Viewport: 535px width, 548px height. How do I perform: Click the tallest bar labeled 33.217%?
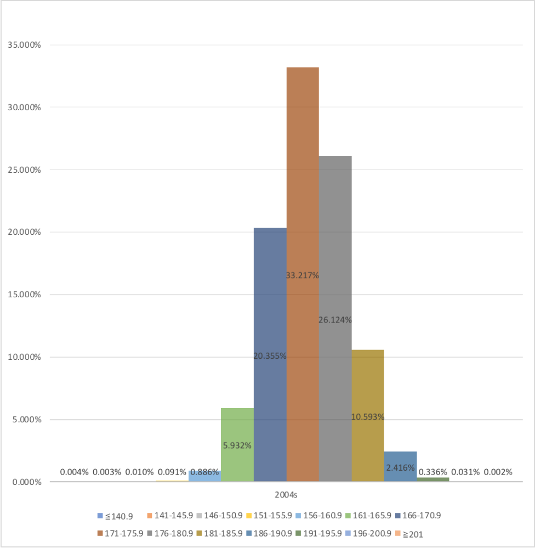pos(303,219)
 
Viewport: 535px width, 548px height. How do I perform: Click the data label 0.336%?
pos(432,472)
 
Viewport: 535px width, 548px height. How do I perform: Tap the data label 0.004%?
pos(74,472)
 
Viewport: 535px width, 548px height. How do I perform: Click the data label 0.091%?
pos(172,472)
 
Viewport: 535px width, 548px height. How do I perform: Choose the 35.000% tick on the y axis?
pos(25,45)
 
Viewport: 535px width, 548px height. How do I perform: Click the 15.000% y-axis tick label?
pos(25,295)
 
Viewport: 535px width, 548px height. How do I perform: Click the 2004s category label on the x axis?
pos(286,495)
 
